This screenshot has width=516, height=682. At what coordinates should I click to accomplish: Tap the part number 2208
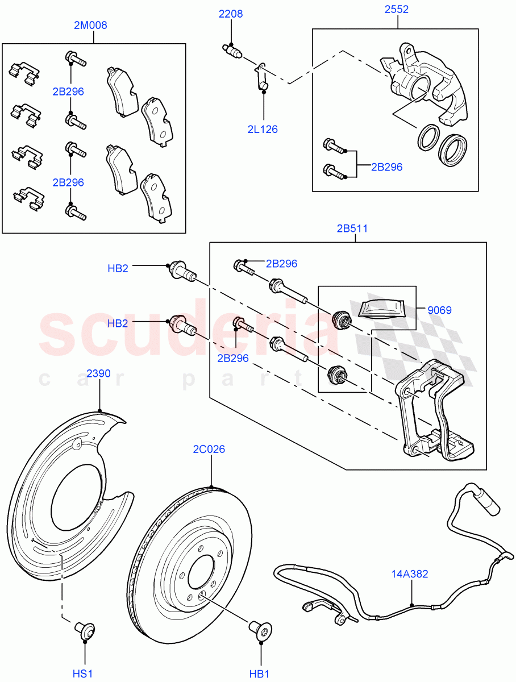(x=231, y=14)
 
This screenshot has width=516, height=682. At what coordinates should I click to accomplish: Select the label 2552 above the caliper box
(x=396, y=10)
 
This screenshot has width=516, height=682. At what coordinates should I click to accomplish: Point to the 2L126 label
(x=263, y=129)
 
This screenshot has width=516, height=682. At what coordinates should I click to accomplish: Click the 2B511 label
(x=352, y=229)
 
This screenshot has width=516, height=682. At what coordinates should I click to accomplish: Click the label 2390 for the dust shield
(x=98, y=373)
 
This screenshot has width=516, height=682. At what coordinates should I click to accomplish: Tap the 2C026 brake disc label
(x=210, y=450)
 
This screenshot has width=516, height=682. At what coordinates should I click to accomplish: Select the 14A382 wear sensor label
(x=409, y=574)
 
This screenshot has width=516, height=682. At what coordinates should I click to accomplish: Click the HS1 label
(x=82, y=673)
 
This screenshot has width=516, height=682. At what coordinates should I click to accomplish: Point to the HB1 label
(x=259, y=673)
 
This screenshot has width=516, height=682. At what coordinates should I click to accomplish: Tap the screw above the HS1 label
(x=85, y=630)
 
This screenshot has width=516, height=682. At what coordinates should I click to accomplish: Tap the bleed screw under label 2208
(x=231, y=50)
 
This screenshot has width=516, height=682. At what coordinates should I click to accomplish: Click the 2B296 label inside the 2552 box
(x=386, y=167)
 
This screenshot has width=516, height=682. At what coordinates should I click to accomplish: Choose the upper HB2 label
(x=118, y=268)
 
